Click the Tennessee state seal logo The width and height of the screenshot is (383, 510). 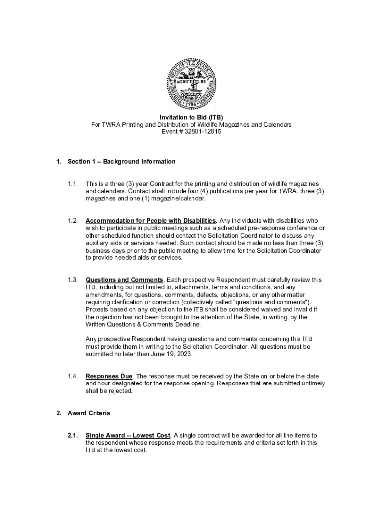point(191,82)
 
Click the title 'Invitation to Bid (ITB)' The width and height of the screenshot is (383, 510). point(191,117)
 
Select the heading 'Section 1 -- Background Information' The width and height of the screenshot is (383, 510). point(121,162)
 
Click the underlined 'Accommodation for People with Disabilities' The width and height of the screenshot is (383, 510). point(151,221)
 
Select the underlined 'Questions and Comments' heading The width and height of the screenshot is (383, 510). point(124,280)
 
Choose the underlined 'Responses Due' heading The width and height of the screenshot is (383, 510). point(109,376)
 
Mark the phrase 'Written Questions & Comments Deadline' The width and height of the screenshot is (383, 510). point(144,324)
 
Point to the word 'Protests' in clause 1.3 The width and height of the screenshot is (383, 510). point(98,309)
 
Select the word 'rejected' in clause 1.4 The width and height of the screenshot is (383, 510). point(121,391)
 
